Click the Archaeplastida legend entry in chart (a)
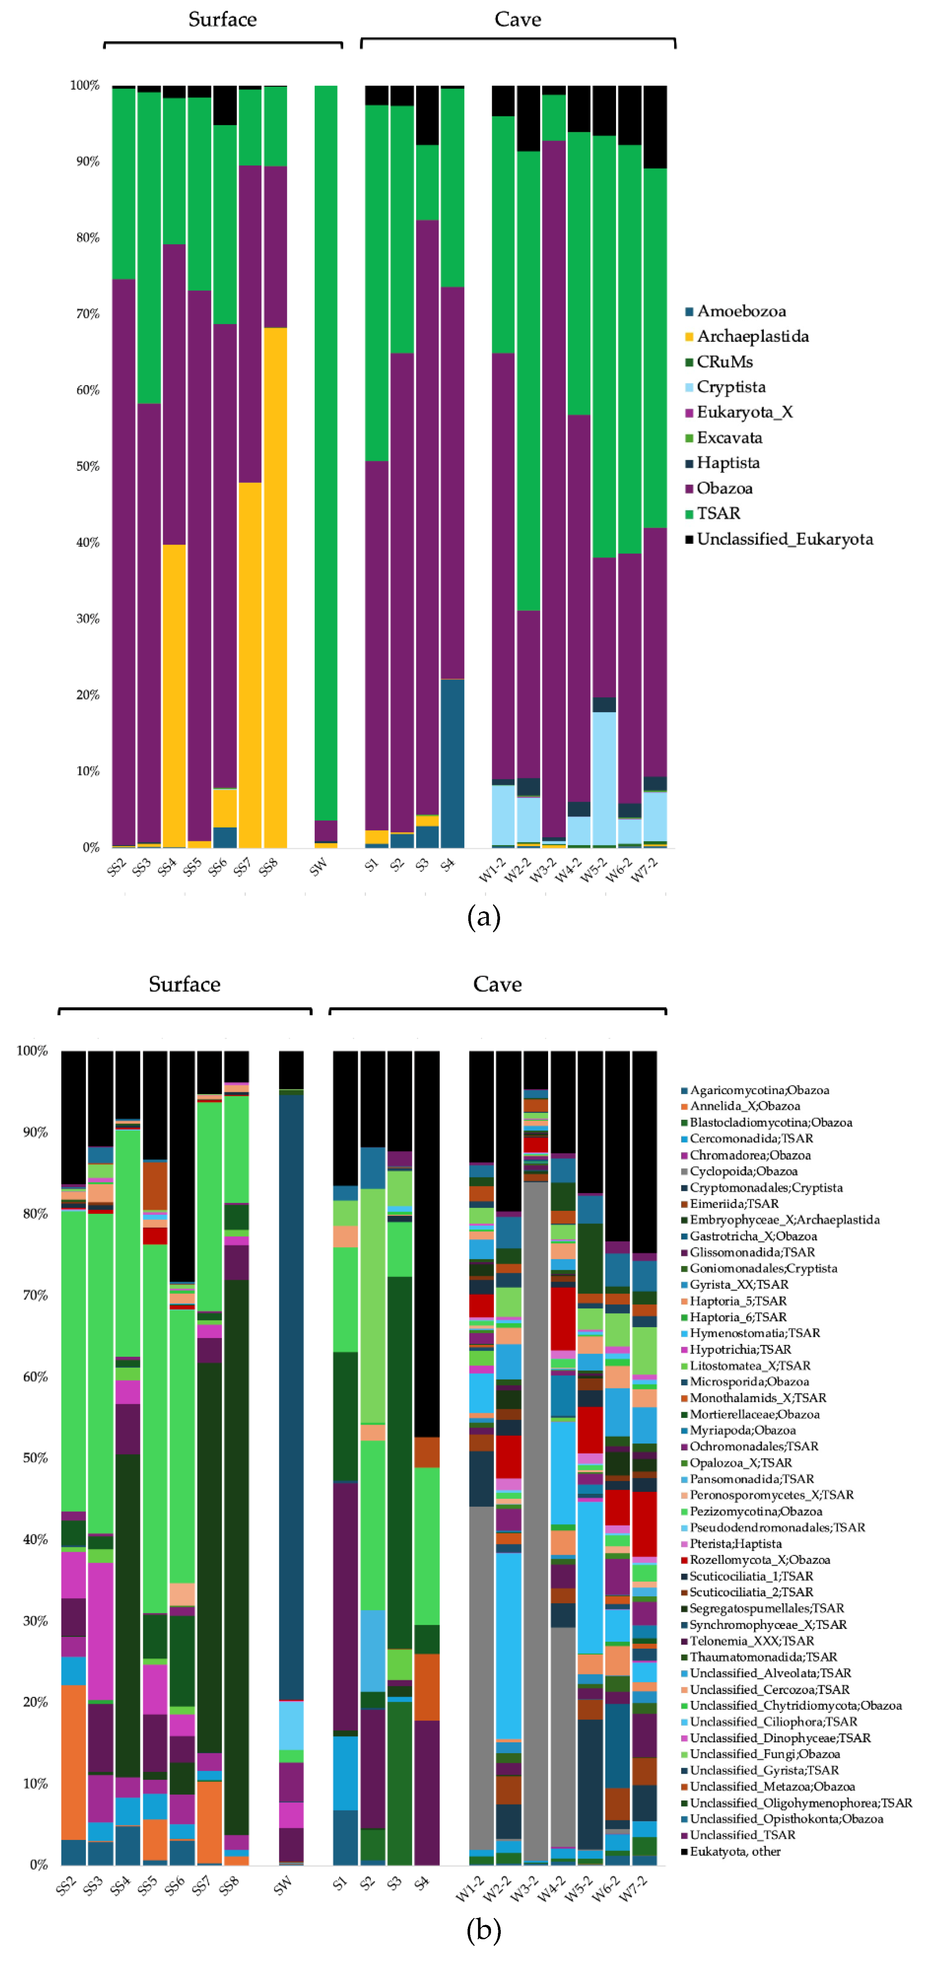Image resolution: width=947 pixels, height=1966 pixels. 752,336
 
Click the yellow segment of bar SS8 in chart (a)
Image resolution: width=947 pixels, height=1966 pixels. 275,588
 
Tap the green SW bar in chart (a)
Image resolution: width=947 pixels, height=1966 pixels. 326,450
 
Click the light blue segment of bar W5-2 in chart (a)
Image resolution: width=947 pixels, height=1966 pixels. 604,778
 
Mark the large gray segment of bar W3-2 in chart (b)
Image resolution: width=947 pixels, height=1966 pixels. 536,1519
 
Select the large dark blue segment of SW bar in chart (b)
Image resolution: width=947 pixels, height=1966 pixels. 291,1397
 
